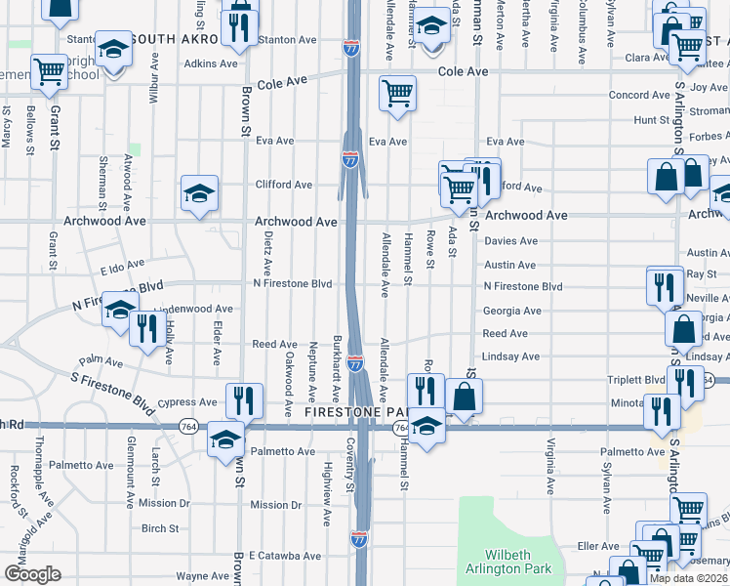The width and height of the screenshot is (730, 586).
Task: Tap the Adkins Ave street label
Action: [x=211, y=63]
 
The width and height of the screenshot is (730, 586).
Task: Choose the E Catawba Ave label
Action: [x=285, y=556]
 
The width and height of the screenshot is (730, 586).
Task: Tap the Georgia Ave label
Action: [x=511, y=311]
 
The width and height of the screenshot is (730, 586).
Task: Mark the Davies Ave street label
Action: [x=511, y=240]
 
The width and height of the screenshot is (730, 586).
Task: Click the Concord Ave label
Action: [x=639, y=95]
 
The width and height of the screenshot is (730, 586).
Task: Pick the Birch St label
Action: [x=160, y=528]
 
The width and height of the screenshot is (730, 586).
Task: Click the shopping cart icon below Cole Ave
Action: [x=397, y=93]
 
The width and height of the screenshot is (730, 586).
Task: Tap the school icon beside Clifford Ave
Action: [x=199, y=191]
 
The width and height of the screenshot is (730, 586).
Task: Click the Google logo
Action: [x=32, y=574]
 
